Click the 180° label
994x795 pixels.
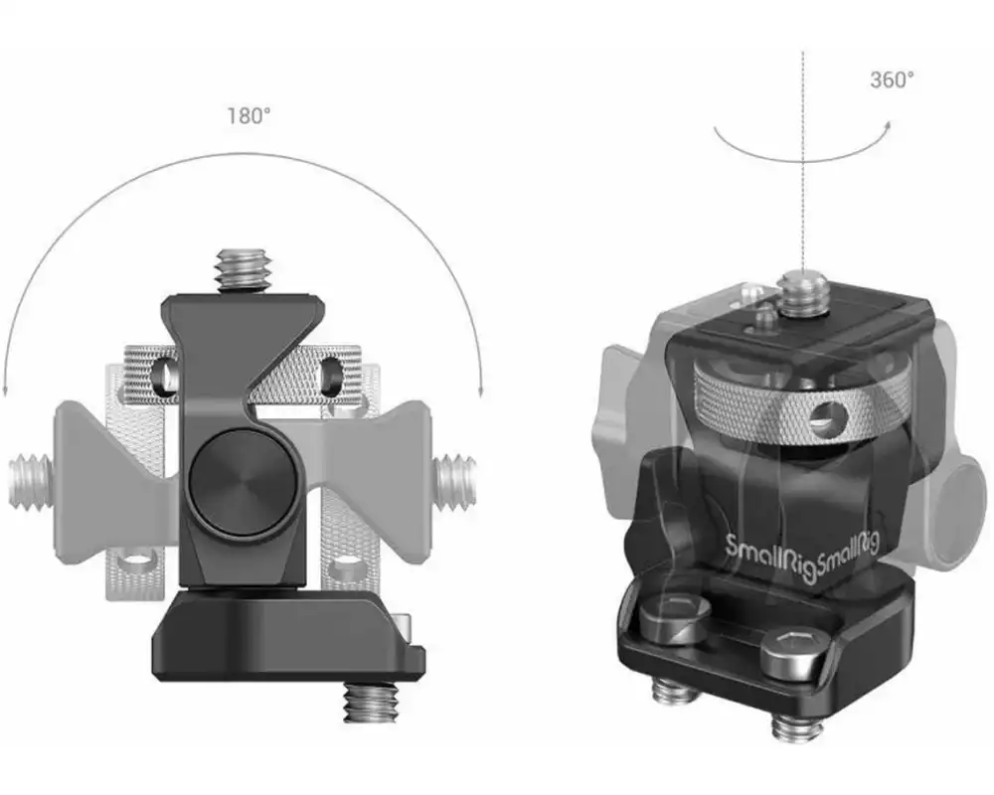[248, 116]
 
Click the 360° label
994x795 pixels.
[892, 79]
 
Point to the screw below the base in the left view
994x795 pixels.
[370, 702]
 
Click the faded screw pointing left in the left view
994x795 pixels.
[32, 481]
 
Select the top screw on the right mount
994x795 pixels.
[803, 291]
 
